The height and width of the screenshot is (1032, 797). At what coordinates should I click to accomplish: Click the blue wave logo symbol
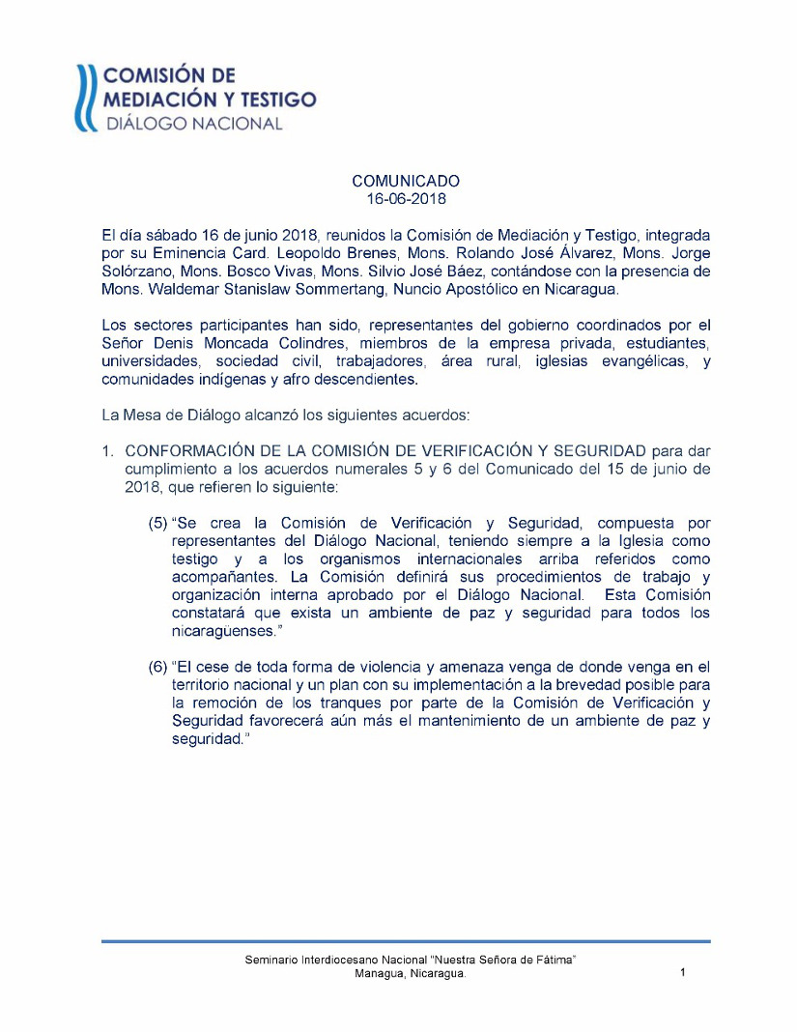pos(88,98)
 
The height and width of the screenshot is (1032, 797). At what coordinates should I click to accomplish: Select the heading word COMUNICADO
pos(406,181)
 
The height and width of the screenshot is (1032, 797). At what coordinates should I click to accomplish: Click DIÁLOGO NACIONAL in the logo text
pos(193,124)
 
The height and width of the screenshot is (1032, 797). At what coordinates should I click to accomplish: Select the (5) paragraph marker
pos(157,523)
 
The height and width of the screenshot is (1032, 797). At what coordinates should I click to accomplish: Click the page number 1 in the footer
pos(682,973)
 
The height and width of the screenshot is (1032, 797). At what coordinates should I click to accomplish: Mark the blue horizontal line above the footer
pos(406,940)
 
